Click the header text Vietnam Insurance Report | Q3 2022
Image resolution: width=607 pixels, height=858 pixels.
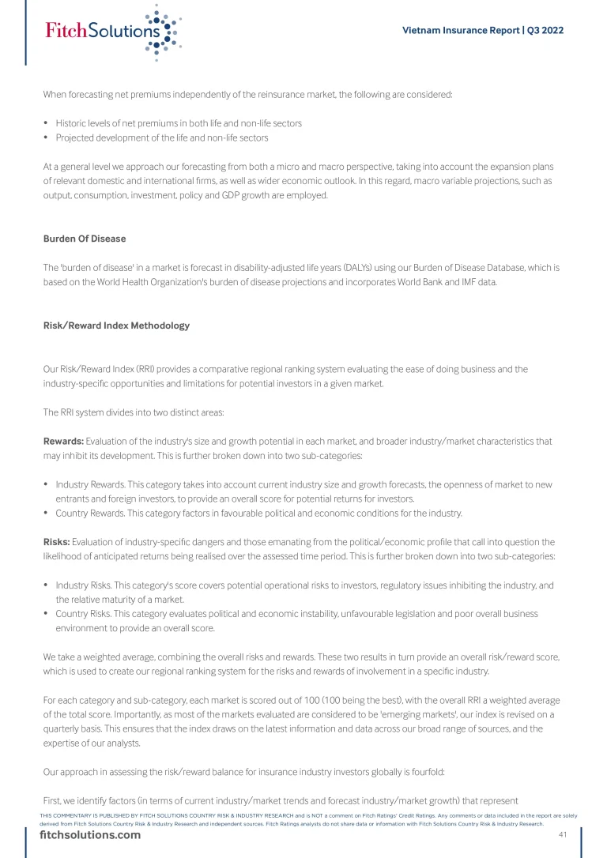point(482,31)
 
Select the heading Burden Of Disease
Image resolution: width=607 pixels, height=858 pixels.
point(85,239)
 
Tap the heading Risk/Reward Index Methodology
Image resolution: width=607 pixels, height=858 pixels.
point(116,326)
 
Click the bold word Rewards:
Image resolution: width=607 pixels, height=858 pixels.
point(63,441)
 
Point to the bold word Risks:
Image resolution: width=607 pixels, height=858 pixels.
point(57,542)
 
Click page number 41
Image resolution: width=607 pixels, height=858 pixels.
point(563,835)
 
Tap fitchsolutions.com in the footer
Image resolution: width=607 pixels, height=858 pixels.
point(90,835)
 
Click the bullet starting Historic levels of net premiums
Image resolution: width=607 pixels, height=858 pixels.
point(178,123)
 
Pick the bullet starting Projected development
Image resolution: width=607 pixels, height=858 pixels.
point(161,137)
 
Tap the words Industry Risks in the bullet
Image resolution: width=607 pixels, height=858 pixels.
point(82,585)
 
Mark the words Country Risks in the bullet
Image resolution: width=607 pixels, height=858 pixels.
point(81,614)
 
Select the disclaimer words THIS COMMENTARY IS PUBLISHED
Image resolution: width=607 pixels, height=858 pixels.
point(90,815)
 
